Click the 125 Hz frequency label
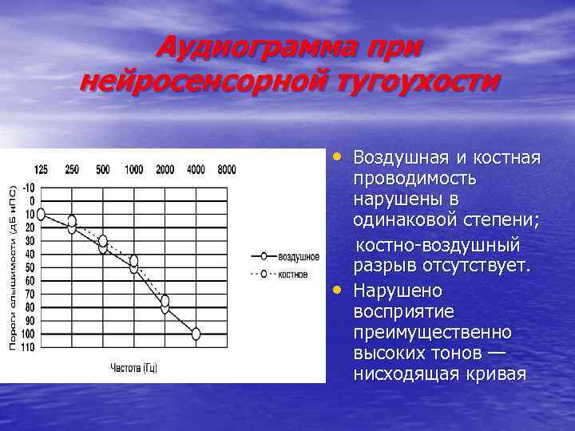(x=42, y=169)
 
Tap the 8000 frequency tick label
(x=226, y=169)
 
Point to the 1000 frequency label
(x=134, y=169)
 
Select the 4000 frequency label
(x=195, y=169)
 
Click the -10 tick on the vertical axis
(x=29, y=188)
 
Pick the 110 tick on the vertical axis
(x=28, y=347)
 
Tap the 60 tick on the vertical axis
(x=30, y=281)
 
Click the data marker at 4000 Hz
(x=196, y=334)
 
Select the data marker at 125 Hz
(x=42, y=214)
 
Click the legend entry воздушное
(x=298, y=257)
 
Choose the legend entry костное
(x=294, y=274)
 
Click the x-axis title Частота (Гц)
(x=134, y=368)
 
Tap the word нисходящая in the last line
(x=406, y=374)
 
